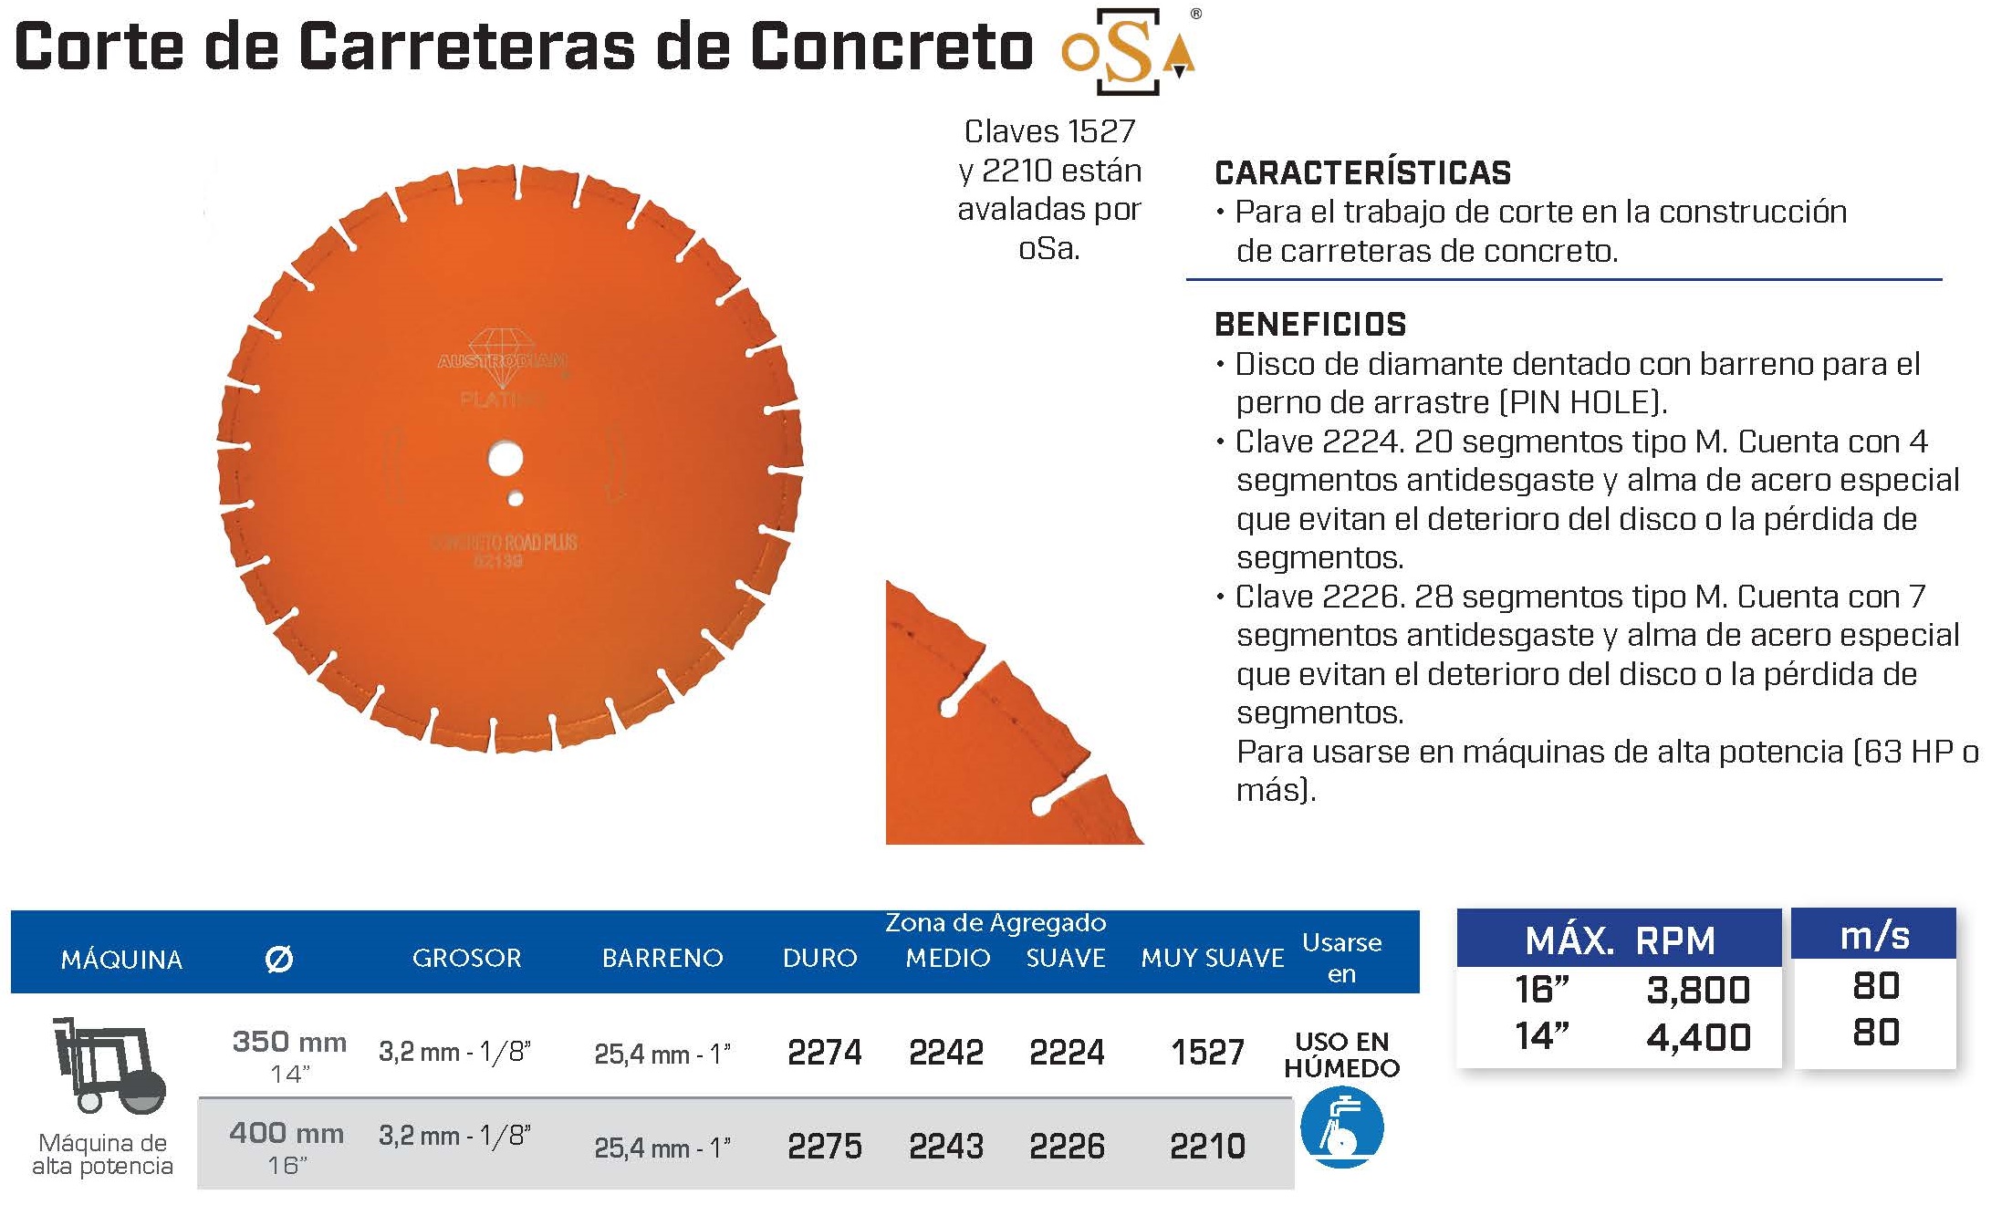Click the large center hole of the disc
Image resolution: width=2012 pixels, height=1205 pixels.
(505, 458)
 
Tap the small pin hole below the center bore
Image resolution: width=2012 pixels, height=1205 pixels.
(516, 499)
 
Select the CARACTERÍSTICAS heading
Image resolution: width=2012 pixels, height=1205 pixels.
(1362, 172)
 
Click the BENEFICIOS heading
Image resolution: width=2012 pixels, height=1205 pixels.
(1310, 324)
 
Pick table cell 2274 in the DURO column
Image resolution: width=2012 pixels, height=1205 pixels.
(824, 1053)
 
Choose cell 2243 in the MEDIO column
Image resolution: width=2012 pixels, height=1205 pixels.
(946, 1146)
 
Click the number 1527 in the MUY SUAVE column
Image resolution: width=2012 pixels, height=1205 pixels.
(1207, 1053)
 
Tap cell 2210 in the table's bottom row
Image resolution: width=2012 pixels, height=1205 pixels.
(1207, 1146)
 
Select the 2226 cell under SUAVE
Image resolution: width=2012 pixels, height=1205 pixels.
(1067, 1146)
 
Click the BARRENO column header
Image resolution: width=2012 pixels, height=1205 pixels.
(662, 958)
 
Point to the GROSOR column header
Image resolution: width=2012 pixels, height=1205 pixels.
(466, 958)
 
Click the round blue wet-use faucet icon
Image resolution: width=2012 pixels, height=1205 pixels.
(1341, 1127)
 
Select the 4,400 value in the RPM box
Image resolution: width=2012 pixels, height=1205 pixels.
(1698, 1037)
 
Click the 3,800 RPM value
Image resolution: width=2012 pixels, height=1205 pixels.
(1698, 990)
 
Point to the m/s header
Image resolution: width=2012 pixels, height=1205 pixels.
(1874, 936)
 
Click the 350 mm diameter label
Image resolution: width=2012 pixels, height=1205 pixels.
(289, 1042)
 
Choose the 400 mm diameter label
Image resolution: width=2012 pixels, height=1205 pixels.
(287, 1133)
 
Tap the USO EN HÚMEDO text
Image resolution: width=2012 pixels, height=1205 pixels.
(1341, 1054)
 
